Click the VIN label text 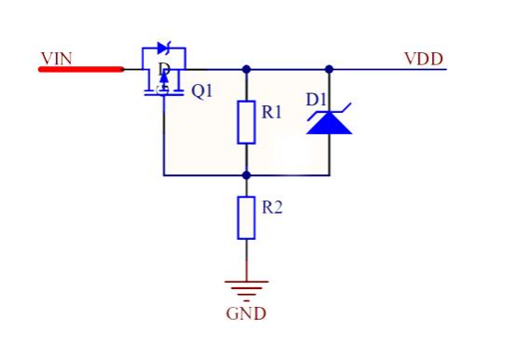tap(57, 59)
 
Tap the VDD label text tap(424, 60)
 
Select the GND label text tap(246, 313)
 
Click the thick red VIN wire tap(81, 69)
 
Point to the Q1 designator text tap(203, 90)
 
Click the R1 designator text tap(272, 112)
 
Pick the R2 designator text tap(272, 207)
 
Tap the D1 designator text tap(315, 100)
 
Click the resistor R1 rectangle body tap(246, 122)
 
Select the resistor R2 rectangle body tap(246, 217)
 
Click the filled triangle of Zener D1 tap(329, 123)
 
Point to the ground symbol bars tap(246, 291)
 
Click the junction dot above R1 tap(246, 69)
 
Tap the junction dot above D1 tap(329, 69)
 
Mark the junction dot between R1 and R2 tap(246, 175)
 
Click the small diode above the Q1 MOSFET tap(164, 48)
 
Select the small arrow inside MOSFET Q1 tap(164, 78)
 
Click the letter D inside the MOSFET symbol tap(164, 69)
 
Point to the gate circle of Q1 tap(163, 90)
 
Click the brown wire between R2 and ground tap(246, 260)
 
